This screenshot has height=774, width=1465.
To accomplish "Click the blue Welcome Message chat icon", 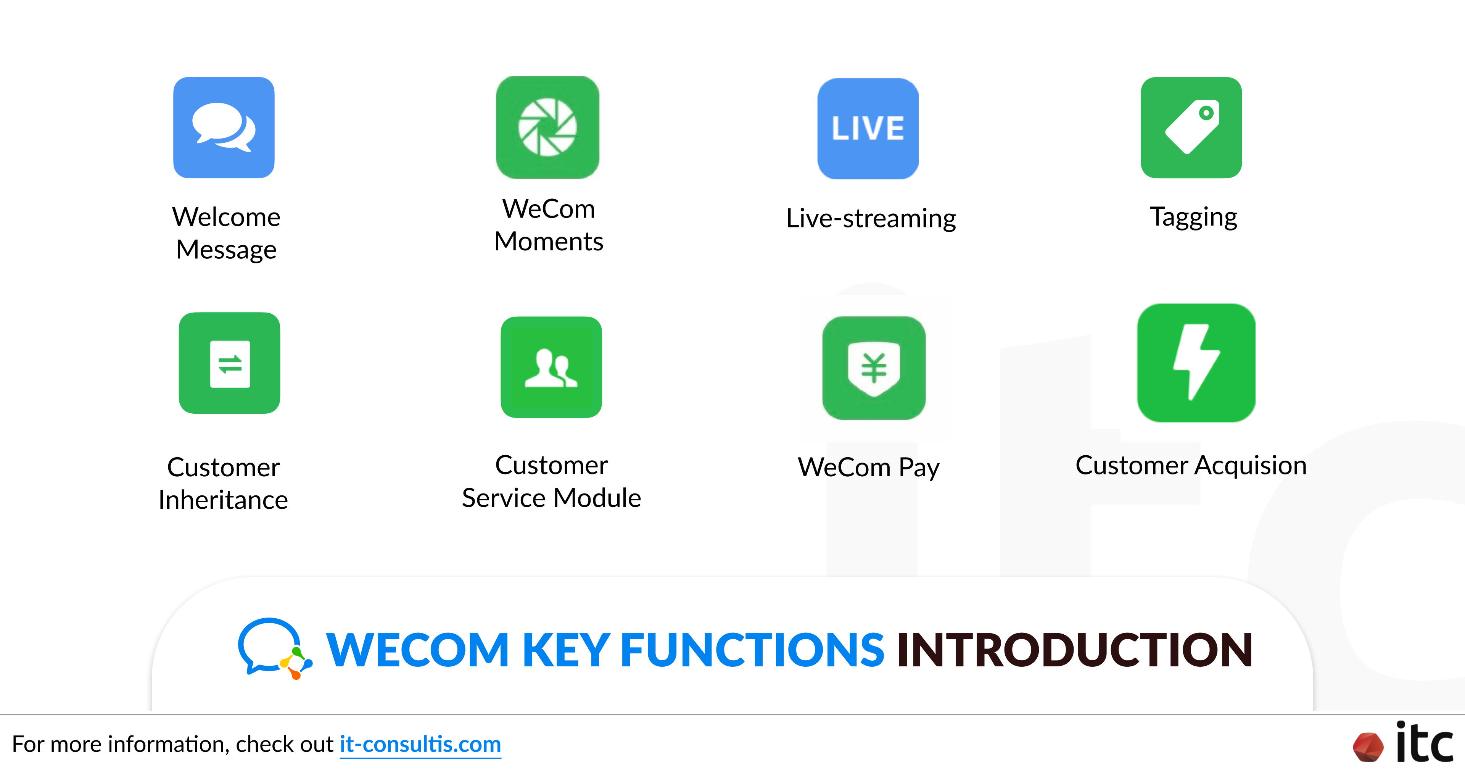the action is click(224, 127).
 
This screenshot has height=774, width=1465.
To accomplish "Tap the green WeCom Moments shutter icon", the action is click(548, 127).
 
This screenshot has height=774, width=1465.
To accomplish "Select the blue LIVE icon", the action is click(868, 129).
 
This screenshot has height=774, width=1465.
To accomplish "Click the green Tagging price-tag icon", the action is click(1191, 127).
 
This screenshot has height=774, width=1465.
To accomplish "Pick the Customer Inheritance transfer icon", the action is click(230, 363).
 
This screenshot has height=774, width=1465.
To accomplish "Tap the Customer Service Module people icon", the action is click(551, 367).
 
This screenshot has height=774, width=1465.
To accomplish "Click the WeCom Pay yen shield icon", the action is click(874, 368).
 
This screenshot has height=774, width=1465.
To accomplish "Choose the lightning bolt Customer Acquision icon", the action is click(1196, 363).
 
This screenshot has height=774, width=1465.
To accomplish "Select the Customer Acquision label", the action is click(1191, 466).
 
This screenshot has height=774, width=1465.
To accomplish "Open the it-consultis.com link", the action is click(420, 744).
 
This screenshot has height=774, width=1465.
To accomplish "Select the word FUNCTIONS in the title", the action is click(752, 650).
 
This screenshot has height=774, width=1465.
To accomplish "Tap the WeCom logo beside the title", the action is click(275, 649).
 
